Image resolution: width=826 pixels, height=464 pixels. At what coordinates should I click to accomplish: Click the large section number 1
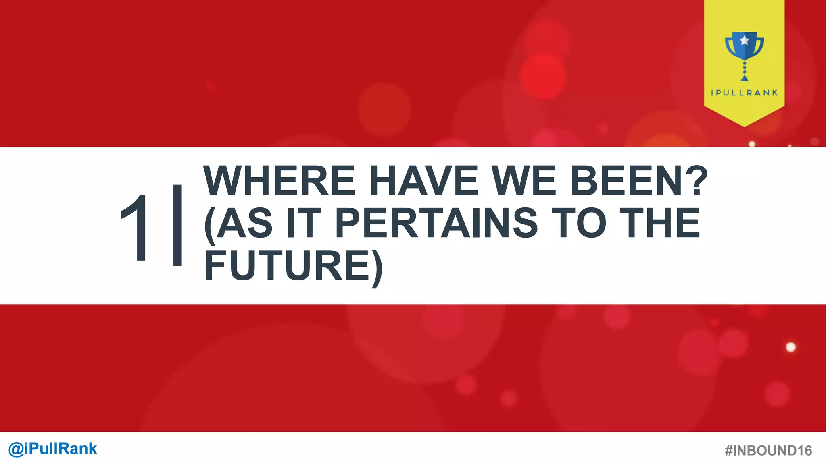click(136, 228)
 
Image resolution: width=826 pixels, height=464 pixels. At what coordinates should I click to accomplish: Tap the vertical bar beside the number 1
click(177, 226)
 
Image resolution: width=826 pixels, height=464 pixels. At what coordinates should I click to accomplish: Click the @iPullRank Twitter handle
click(53, 449)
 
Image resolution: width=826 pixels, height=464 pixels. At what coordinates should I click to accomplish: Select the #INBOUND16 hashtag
click(768, 450)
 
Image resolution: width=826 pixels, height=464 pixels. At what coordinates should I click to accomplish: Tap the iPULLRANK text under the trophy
click(744, 93)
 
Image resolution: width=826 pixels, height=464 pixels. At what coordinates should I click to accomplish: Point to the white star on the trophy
click(745, 40)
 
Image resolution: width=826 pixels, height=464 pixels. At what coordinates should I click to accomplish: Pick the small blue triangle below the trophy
click(745, 78)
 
